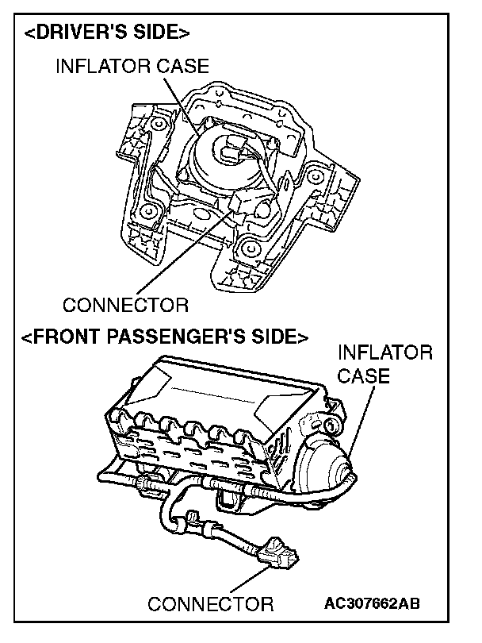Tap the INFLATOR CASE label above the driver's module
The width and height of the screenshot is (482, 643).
click(x=132, y=67)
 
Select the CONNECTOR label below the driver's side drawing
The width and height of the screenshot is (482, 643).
click(x=125, y=304)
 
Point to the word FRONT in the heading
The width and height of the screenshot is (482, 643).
click(x=65, y=337)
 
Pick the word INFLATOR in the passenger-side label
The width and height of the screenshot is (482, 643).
click(x=385, y=352)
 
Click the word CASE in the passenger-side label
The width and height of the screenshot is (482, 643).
click(x=364, y=375)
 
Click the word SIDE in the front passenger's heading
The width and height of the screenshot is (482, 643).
click(x=274, y=337)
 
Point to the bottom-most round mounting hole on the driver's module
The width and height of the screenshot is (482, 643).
click(x=252, y=248)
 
